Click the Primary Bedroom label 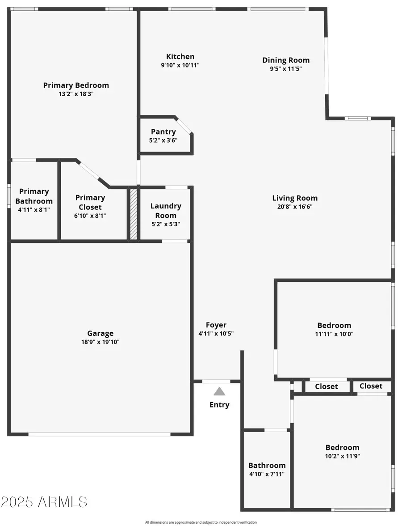coord(76,85)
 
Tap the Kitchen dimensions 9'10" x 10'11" coord(180,65)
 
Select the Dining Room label coord(286,60)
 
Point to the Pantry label coord(163,131)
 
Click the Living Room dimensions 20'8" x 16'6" coord(295,207)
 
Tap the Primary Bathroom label coord(34,196)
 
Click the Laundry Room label coord(166,211)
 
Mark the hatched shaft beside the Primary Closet coord(133,214)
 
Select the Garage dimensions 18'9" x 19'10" coord(100,342)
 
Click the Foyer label coord(216,325)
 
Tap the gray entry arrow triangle coord(219,391)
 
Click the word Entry coord(219,405)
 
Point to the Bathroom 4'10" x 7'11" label coord(267,465)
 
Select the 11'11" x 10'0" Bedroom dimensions coord(334,334)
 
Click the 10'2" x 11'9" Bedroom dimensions coord(342,456)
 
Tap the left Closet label coord(327,386)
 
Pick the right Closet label coord(371,386)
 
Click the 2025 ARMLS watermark coord(44,501)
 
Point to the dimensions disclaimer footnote coord(201,522)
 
